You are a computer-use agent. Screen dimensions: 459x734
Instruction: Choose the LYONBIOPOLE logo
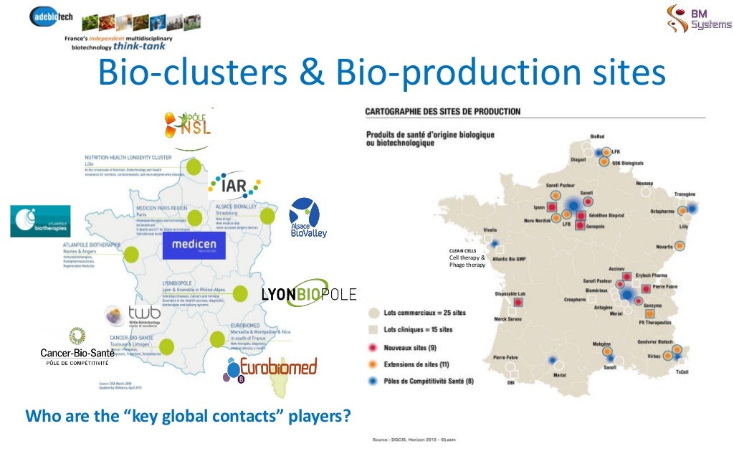tap(308, 293)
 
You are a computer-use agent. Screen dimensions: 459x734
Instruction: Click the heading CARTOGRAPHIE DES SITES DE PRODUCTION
tap(443, 112)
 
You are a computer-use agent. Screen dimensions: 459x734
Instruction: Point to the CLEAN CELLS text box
tap(467, 257)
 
